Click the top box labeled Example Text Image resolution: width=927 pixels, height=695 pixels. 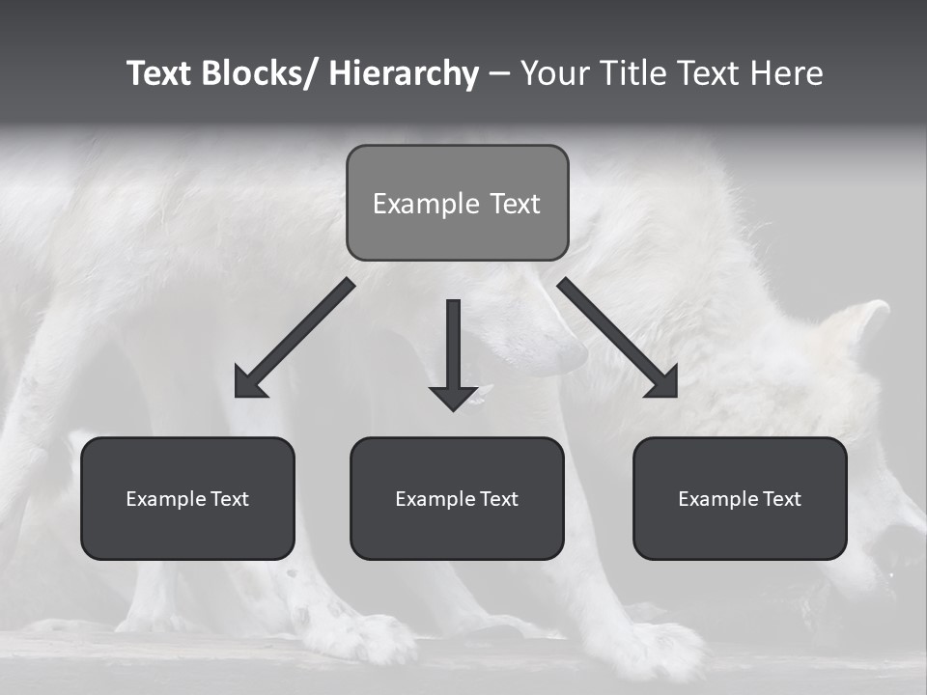[457, 203]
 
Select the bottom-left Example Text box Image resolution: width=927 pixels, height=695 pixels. [187, 498]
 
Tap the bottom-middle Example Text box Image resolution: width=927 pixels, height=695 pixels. [457, 498]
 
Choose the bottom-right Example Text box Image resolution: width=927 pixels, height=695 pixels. [740, 498]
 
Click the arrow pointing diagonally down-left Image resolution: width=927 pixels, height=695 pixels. [295, 338]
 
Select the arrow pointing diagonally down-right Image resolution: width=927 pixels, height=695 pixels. [618, 338]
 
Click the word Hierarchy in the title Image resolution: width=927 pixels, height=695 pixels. [404, 74]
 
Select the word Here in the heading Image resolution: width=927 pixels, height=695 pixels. [785, 74]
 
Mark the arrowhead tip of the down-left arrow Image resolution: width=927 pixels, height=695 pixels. [239, 394]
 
